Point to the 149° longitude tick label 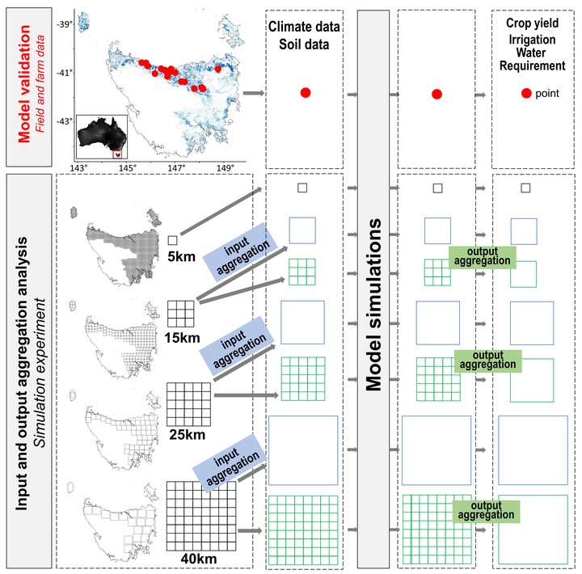coord(226,168)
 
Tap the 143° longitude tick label coord(78,168)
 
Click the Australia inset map coord(102,137)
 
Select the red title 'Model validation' coord(24,83)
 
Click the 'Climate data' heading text coord(304,27)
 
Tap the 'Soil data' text coord(304,44)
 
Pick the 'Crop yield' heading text coord(532,23)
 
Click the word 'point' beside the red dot coord(547,94)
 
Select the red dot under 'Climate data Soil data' coord(306,93)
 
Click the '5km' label coord(182,256)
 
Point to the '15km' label coord(182,338)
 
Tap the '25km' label coord(187,435)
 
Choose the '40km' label coord(199,559)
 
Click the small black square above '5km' coord(172,241)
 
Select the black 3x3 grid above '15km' coord(181,314)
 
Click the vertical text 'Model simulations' coord(373,305)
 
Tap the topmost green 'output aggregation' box coord(482,256)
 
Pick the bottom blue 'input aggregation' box coord(230,462)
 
